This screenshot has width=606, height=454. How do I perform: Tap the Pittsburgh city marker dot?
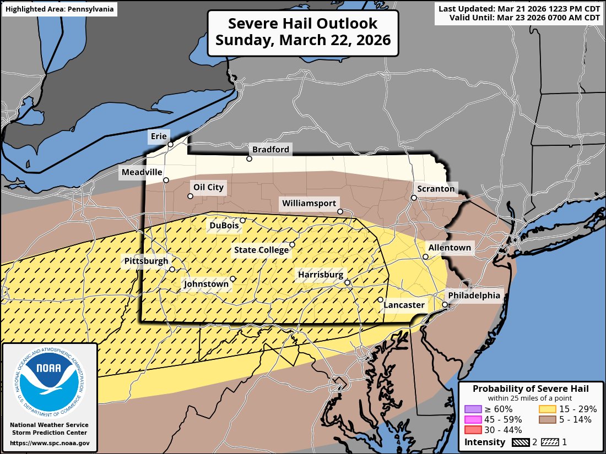point(172,270)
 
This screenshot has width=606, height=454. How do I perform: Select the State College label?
point(261,250)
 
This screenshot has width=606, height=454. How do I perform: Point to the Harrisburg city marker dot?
point(348,283)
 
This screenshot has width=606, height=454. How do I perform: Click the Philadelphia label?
point(474,296)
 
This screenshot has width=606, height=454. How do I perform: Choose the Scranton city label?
point(436,189)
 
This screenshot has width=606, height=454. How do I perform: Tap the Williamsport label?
point(309,203)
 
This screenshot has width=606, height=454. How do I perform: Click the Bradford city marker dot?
point(249,159)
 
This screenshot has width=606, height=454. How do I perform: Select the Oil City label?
point(208,187)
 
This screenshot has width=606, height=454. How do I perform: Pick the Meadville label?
point(142,172)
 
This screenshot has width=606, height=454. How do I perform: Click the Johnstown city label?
point(206,284)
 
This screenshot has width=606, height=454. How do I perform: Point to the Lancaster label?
point(404,305)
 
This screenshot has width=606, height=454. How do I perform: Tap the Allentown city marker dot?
point(425,257)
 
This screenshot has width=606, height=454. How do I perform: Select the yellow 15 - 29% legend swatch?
point(547,409)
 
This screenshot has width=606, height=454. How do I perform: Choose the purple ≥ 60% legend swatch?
point(473,409)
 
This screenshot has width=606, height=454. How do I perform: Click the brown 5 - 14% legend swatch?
point(547,419)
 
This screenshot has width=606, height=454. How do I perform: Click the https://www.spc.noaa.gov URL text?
point(50,443)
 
